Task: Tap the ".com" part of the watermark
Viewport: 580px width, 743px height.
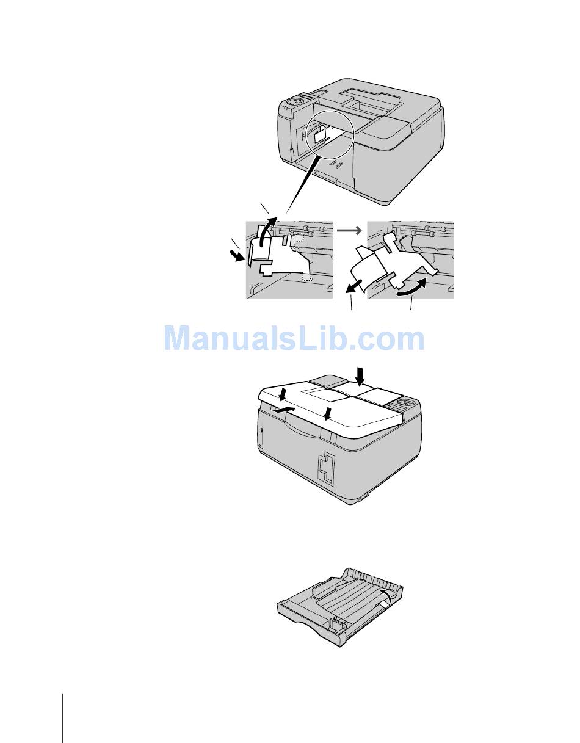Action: coord(394,339)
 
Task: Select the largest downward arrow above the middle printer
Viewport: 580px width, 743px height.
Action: coord(360,375)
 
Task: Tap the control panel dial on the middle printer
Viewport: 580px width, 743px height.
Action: coord(404,404)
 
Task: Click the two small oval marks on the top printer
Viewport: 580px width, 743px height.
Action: coord(335,164)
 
